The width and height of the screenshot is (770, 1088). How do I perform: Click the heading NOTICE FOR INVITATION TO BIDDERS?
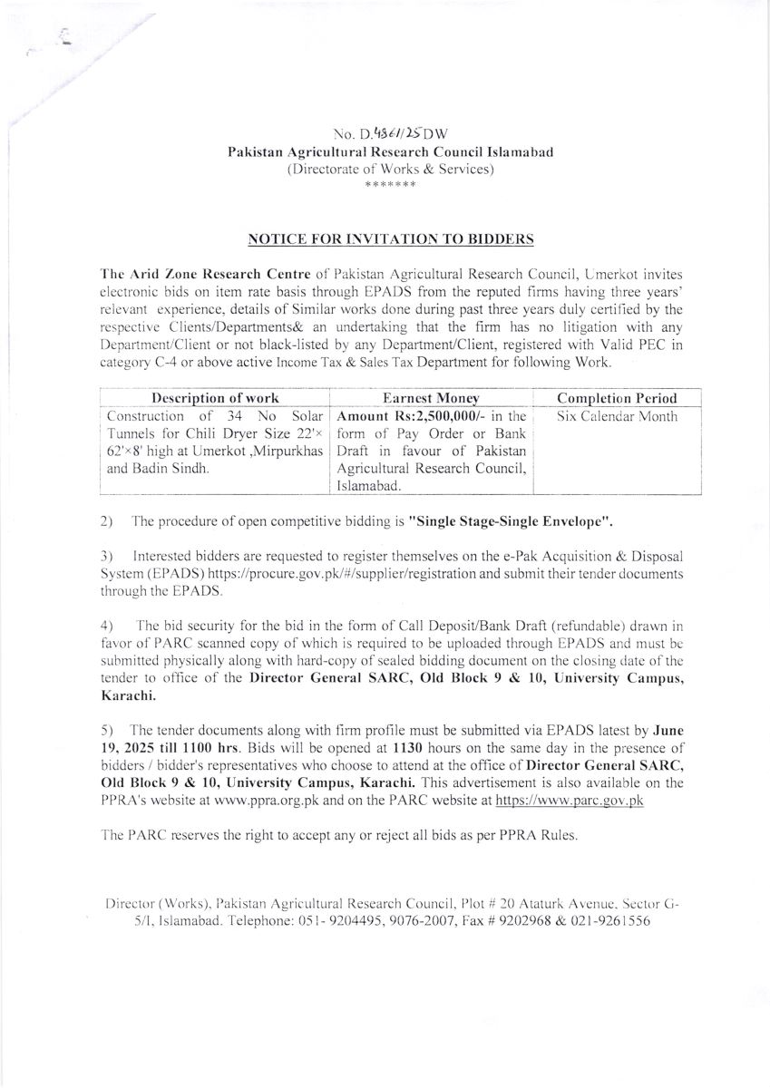(391, 239)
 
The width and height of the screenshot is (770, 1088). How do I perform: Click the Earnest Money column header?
(430, 398)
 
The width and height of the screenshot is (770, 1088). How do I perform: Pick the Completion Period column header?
(617, 398)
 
